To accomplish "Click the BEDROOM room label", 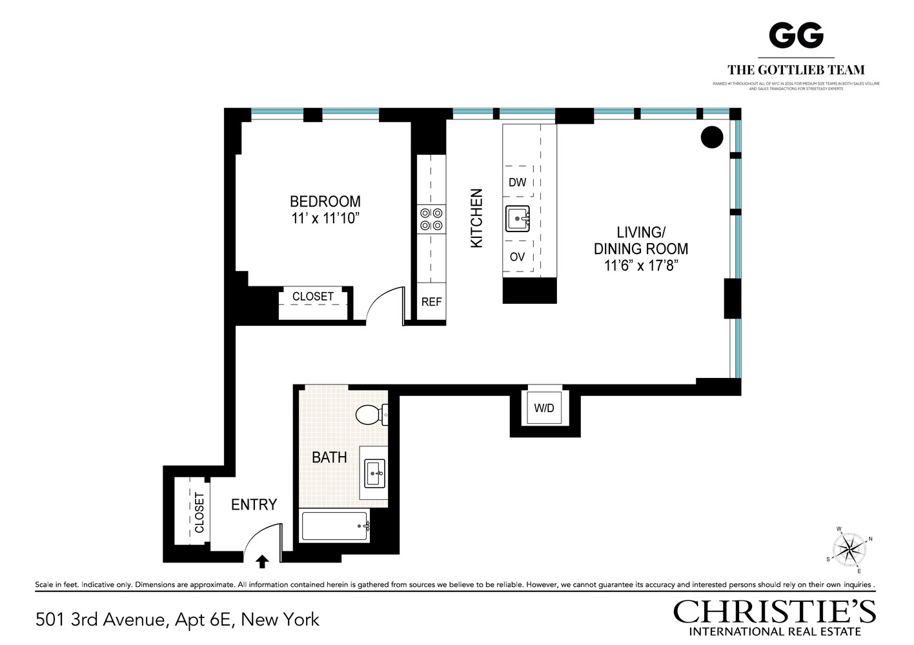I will [325, 201].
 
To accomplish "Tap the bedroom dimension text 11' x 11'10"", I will [325, 219].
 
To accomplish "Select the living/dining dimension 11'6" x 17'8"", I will [640, 266].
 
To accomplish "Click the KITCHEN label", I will [476, 218].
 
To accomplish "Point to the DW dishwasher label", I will [517, 183].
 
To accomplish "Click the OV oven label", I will [517, 257].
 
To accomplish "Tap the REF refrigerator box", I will [431, 302].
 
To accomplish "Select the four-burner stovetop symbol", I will [431, 219].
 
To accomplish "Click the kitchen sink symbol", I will [517, 219].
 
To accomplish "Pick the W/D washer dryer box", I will [544, 408].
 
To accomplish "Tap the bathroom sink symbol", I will [374, 473].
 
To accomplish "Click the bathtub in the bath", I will [335, 526].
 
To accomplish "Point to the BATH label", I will [329, 457].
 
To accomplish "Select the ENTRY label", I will [254, 504].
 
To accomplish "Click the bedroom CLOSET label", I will [313, 297].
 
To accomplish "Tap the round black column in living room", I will [712, 137].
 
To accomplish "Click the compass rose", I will [849, 550].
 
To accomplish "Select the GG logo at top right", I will [796, 36].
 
